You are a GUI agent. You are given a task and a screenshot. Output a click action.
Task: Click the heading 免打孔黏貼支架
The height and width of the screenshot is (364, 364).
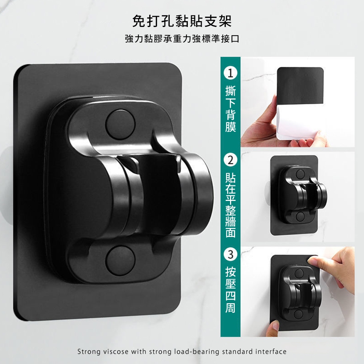(182, 21)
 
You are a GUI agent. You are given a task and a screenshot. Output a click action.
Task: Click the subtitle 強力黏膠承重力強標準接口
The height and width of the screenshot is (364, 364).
(182, 39)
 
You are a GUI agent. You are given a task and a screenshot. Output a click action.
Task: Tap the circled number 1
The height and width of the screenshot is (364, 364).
(230, 73)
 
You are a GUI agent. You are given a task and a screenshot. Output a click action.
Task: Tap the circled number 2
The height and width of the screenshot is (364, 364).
(230, 160)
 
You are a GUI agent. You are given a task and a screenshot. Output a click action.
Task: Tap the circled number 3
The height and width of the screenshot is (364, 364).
(230, 254)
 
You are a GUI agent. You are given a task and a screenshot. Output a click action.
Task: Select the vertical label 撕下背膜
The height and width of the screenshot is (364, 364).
(230, 109)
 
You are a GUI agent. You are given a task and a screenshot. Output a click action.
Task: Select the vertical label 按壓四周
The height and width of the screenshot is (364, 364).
(230, 290)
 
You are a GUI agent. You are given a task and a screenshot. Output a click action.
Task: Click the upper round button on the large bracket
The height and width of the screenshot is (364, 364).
(120, 124)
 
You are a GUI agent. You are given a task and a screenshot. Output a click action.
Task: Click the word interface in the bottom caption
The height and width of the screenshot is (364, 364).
(271, 352)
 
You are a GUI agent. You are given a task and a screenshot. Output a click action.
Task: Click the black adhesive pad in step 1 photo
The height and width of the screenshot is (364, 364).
(300, 86)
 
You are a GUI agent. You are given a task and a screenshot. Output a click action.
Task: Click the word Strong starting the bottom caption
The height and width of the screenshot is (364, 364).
(87, 352)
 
